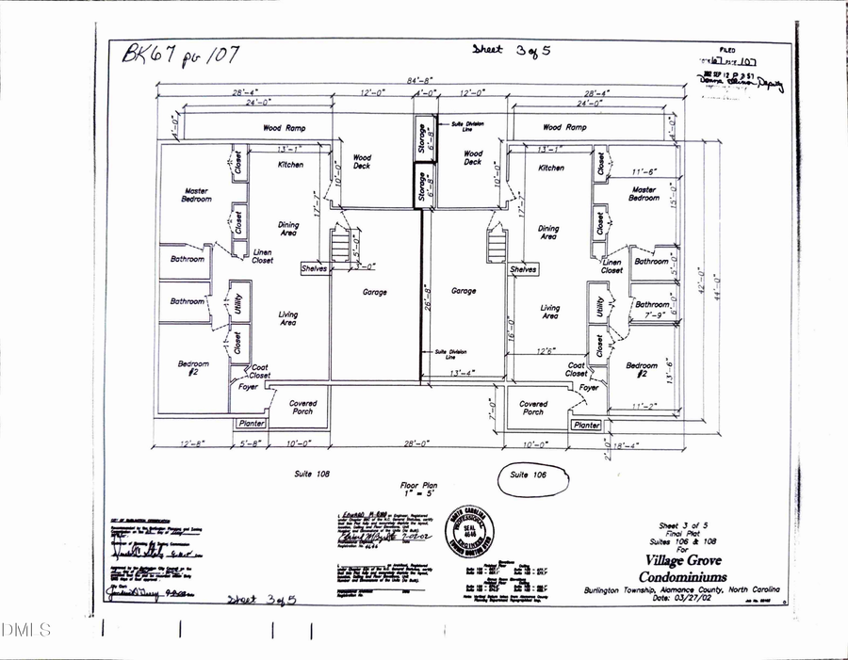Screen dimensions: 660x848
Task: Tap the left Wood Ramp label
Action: tap(284, 127)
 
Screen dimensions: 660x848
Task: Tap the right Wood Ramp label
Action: tap(564, 127)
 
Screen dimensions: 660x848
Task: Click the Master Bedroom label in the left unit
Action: tap(197, 195)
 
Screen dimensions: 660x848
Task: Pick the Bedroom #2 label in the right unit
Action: tap(642, 370)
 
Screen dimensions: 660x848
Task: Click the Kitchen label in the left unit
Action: tap(290, 165)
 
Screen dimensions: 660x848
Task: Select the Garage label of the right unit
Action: tap(464, 292)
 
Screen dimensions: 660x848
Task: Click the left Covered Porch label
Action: tap(302, 408)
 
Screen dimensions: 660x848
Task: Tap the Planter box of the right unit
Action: tap(586, 426)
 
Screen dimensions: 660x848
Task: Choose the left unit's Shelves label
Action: tap(314, 269)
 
